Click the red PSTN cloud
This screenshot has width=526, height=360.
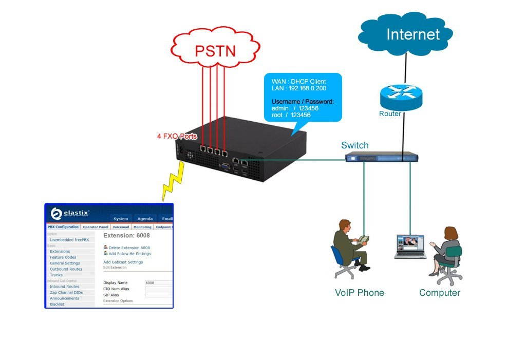215,50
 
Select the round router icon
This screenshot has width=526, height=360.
401,96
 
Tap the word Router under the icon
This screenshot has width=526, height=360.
390,113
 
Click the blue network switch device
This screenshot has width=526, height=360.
380,157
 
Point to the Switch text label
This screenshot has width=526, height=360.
354,145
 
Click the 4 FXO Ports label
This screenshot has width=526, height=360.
177,137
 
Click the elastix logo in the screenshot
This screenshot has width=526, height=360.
70,213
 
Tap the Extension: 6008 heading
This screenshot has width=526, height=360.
126,236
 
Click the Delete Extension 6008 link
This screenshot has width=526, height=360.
129,248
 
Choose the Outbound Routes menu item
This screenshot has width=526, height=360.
66,269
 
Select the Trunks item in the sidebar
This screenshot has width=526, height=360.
56,275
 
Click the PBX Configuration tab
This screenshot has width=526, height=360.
63,226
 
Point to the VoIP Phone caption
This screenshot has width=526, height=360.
359,293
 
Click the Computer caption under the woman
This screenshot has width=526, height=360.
439,293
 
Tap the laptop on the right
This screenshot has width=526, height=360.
410,247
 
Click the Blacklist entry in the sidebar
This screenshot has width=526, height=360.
58,305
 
